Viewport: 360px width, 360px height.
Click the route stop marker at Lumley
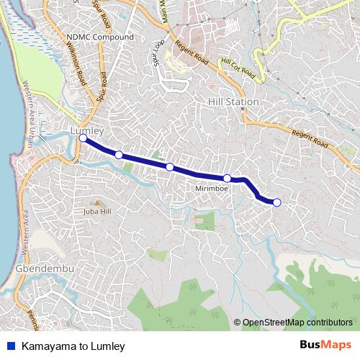click(83, 138)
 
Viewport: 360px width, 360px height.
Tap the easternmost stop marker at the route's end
click(277, 202)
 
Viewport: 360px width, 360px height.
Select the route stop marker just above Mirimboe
click(227, 178)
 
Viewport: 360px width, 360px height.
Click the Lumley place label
click(88, 130)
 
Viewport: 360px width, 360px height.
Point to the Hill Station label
click(233, 102)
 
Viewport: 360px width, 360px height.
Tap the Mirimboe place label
click(212, 189)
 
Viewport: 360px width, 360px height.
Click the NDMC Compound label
click(99, 37)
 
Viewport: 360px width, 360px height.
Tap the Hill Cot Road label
click(238, 68)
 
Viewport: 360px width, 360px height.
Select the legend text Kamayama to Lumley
click(73, 346)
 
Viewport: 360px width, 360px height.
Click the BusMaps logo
click(325, 346)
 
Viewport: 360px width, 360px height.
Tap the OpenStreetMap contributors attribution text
click(297, 323)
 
